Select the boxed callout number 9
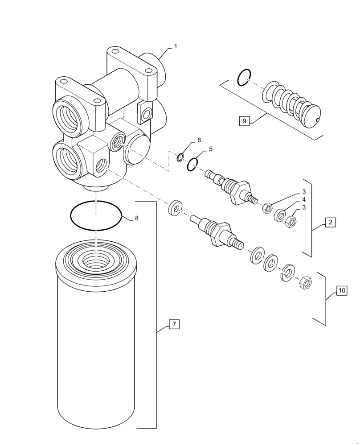(244, 121)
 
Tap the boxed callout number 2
(330, 222)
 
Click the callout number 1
(175, 46)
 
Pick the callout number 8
(137, 218)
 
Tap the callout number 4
(304, 199)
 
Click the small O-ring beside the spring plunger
(245, 78)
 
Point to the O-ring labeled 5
(192, 165)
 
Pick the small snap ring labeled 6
(180, 157)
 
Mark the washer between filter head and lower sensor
(176, 208)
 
